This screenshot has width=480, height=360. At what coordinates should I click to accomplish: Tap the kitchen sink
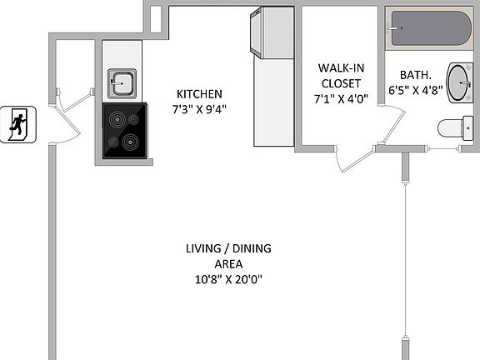pyautogui.click(x=122, y=83)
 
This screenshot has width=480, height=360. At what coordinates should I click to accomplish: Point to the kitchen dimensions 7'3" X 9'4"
pyautogui.click(x=198, y=107)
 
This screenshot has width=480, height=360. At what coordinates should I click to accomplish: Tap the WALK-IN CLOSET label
pyautogui.click(x=340, y=76)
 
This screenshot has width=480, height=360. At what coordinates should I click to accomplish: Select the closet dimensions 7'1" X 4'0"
pyautogui.click(x=340, y=98)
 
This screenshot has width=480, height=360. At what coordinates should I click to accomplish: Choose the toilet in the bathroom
pyautogui.click(x=455, y=128)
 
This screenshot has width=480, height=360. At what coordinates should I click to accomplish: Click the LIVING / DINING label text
pyautogui.click(x=227, y=248)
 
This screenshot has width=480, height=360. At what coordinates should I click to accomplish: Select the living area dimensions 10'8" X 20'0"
pyautogui.click(x=227, y=279)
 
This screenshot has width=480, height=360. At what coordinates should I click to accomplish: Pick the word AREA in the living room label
pyautogui.click(x=227, y=263)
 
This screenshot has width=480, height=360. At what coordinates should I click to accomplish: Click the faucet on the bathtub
pyautogui.click(x=394, y=28)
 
